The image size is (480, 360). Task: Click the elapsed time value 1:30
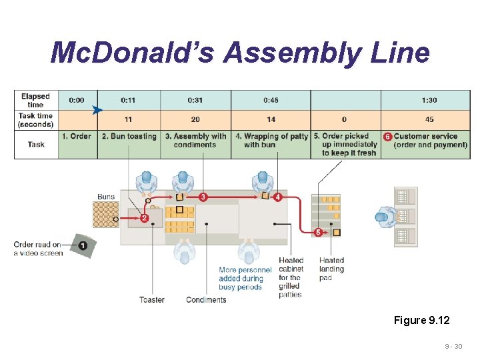(429, 100)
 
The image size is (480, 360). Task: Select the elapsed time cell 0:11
(129, 100)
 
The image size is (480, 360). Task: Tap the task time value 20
(195, 119)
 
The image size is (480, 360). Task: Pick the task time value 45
(429, 119)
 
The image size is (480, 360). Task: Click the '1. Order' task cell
(77, 137)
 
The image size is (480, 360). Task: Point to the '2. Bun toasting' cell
(129, 137)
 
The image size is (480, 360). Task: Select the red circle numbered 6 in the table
(387, 137)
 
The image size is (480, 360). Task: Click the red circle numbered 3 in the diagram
(203, 197)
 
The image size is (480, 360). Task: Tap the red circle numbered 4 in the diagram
(277, 197)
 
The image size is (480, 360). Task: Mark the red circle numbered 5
(318, 232)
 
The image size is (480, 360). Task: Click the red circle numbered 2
(144, 218)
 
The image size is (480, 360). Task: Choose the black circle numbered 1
(83, 245)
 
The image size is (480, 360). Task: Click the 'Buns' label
(105, 197)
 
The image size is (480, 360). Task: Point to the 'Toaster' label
(152, 300)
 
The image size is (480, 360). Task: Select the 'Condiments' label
(206, 300)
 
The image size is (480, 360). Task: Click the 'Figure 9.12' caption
(421, 321)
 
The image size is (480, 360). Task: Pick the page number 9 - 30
(453, 347)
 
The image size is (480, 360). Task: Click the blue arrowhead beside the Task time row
(98, 109)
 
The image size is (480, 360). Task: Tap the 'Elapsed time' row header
(35, 101)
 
